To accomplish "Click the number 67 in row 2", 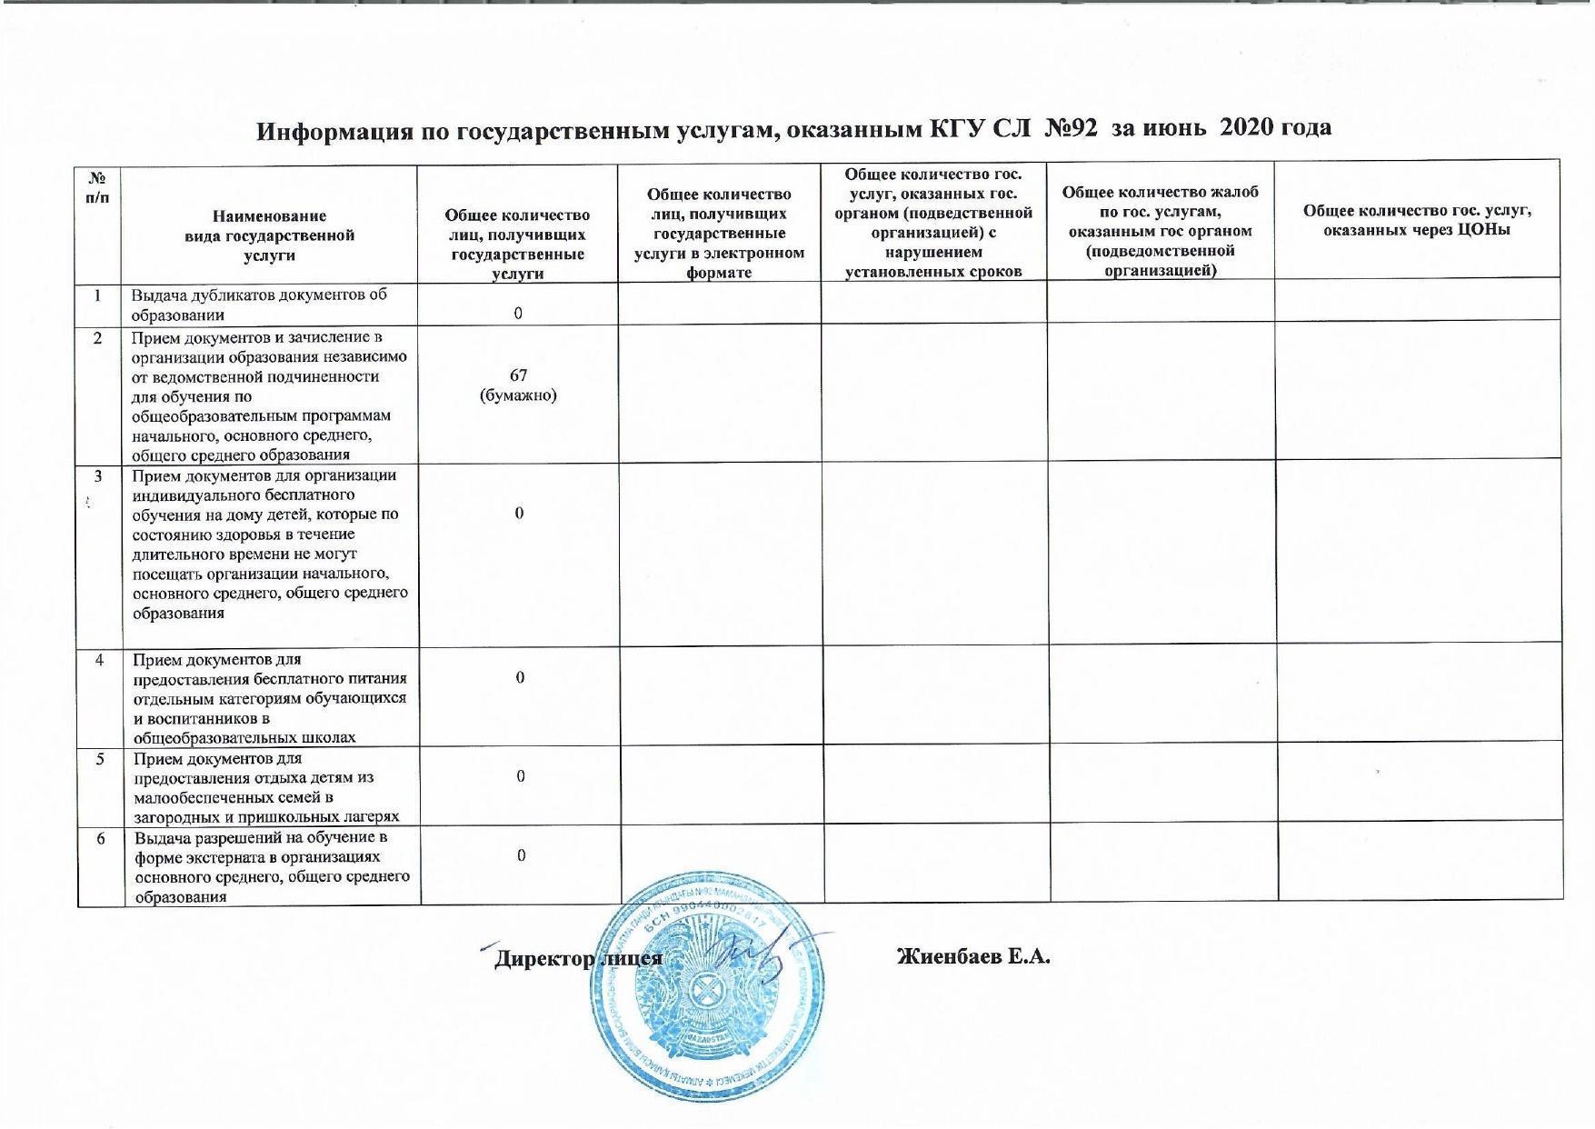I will click(518, 375).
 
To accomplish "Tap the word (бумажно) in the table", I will click(518, 395).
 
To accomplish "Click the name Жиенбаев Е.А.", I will click(973, 957).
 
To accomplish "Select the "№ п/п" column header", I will click(98, 187).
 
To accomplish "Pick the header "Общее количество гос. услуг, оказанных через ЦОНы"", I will click(1417, 220).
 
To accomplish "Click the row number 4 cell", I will click(100, 660).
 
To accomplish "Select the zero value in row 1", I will click(518, 314).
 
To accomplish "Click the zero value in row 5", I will click(520, 776).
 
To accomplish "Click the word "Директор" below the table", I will click(541, 960).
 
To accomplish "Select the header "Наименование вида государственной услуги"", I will click(269, 235).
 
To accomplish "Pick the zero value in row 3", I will click(519, 514).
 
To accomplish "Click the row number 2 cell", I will click(98, 338).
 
